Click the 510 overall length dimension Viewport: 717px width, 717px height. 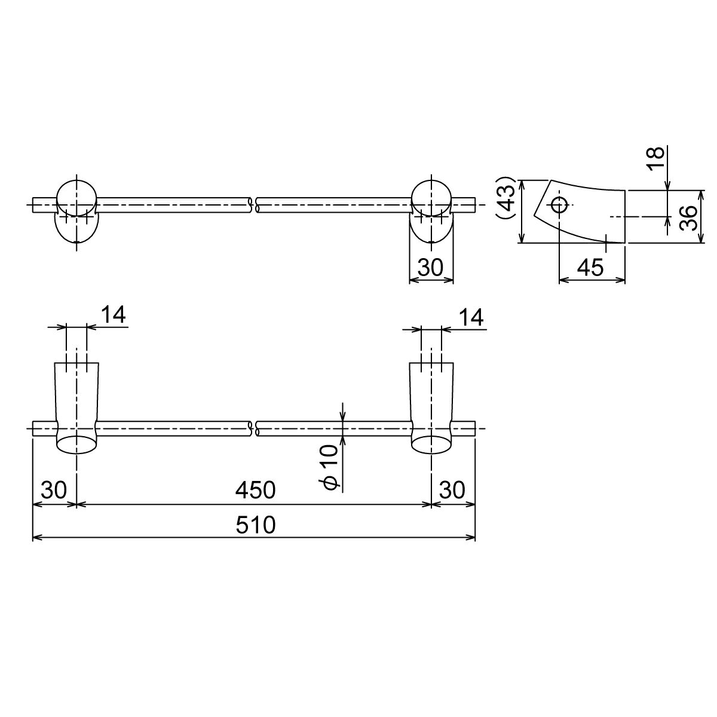(x=255, y=525)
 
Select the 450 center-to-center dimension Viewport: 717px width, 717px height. (x=255, y=490)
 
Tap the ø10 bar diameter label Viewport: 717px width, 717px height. (x=328, y=468)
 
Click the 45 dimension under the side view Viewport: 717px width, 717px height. (x=591, y=267)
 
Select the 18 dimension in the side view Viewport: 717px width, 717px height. (x=655, y=158)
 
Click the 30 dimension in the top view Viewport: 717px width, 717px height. (x=430, y=267)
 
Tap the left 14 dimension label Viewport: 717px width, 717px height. (x=113, y=315)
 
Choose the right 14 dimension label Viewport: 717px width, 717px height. (x=471, y=317)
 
